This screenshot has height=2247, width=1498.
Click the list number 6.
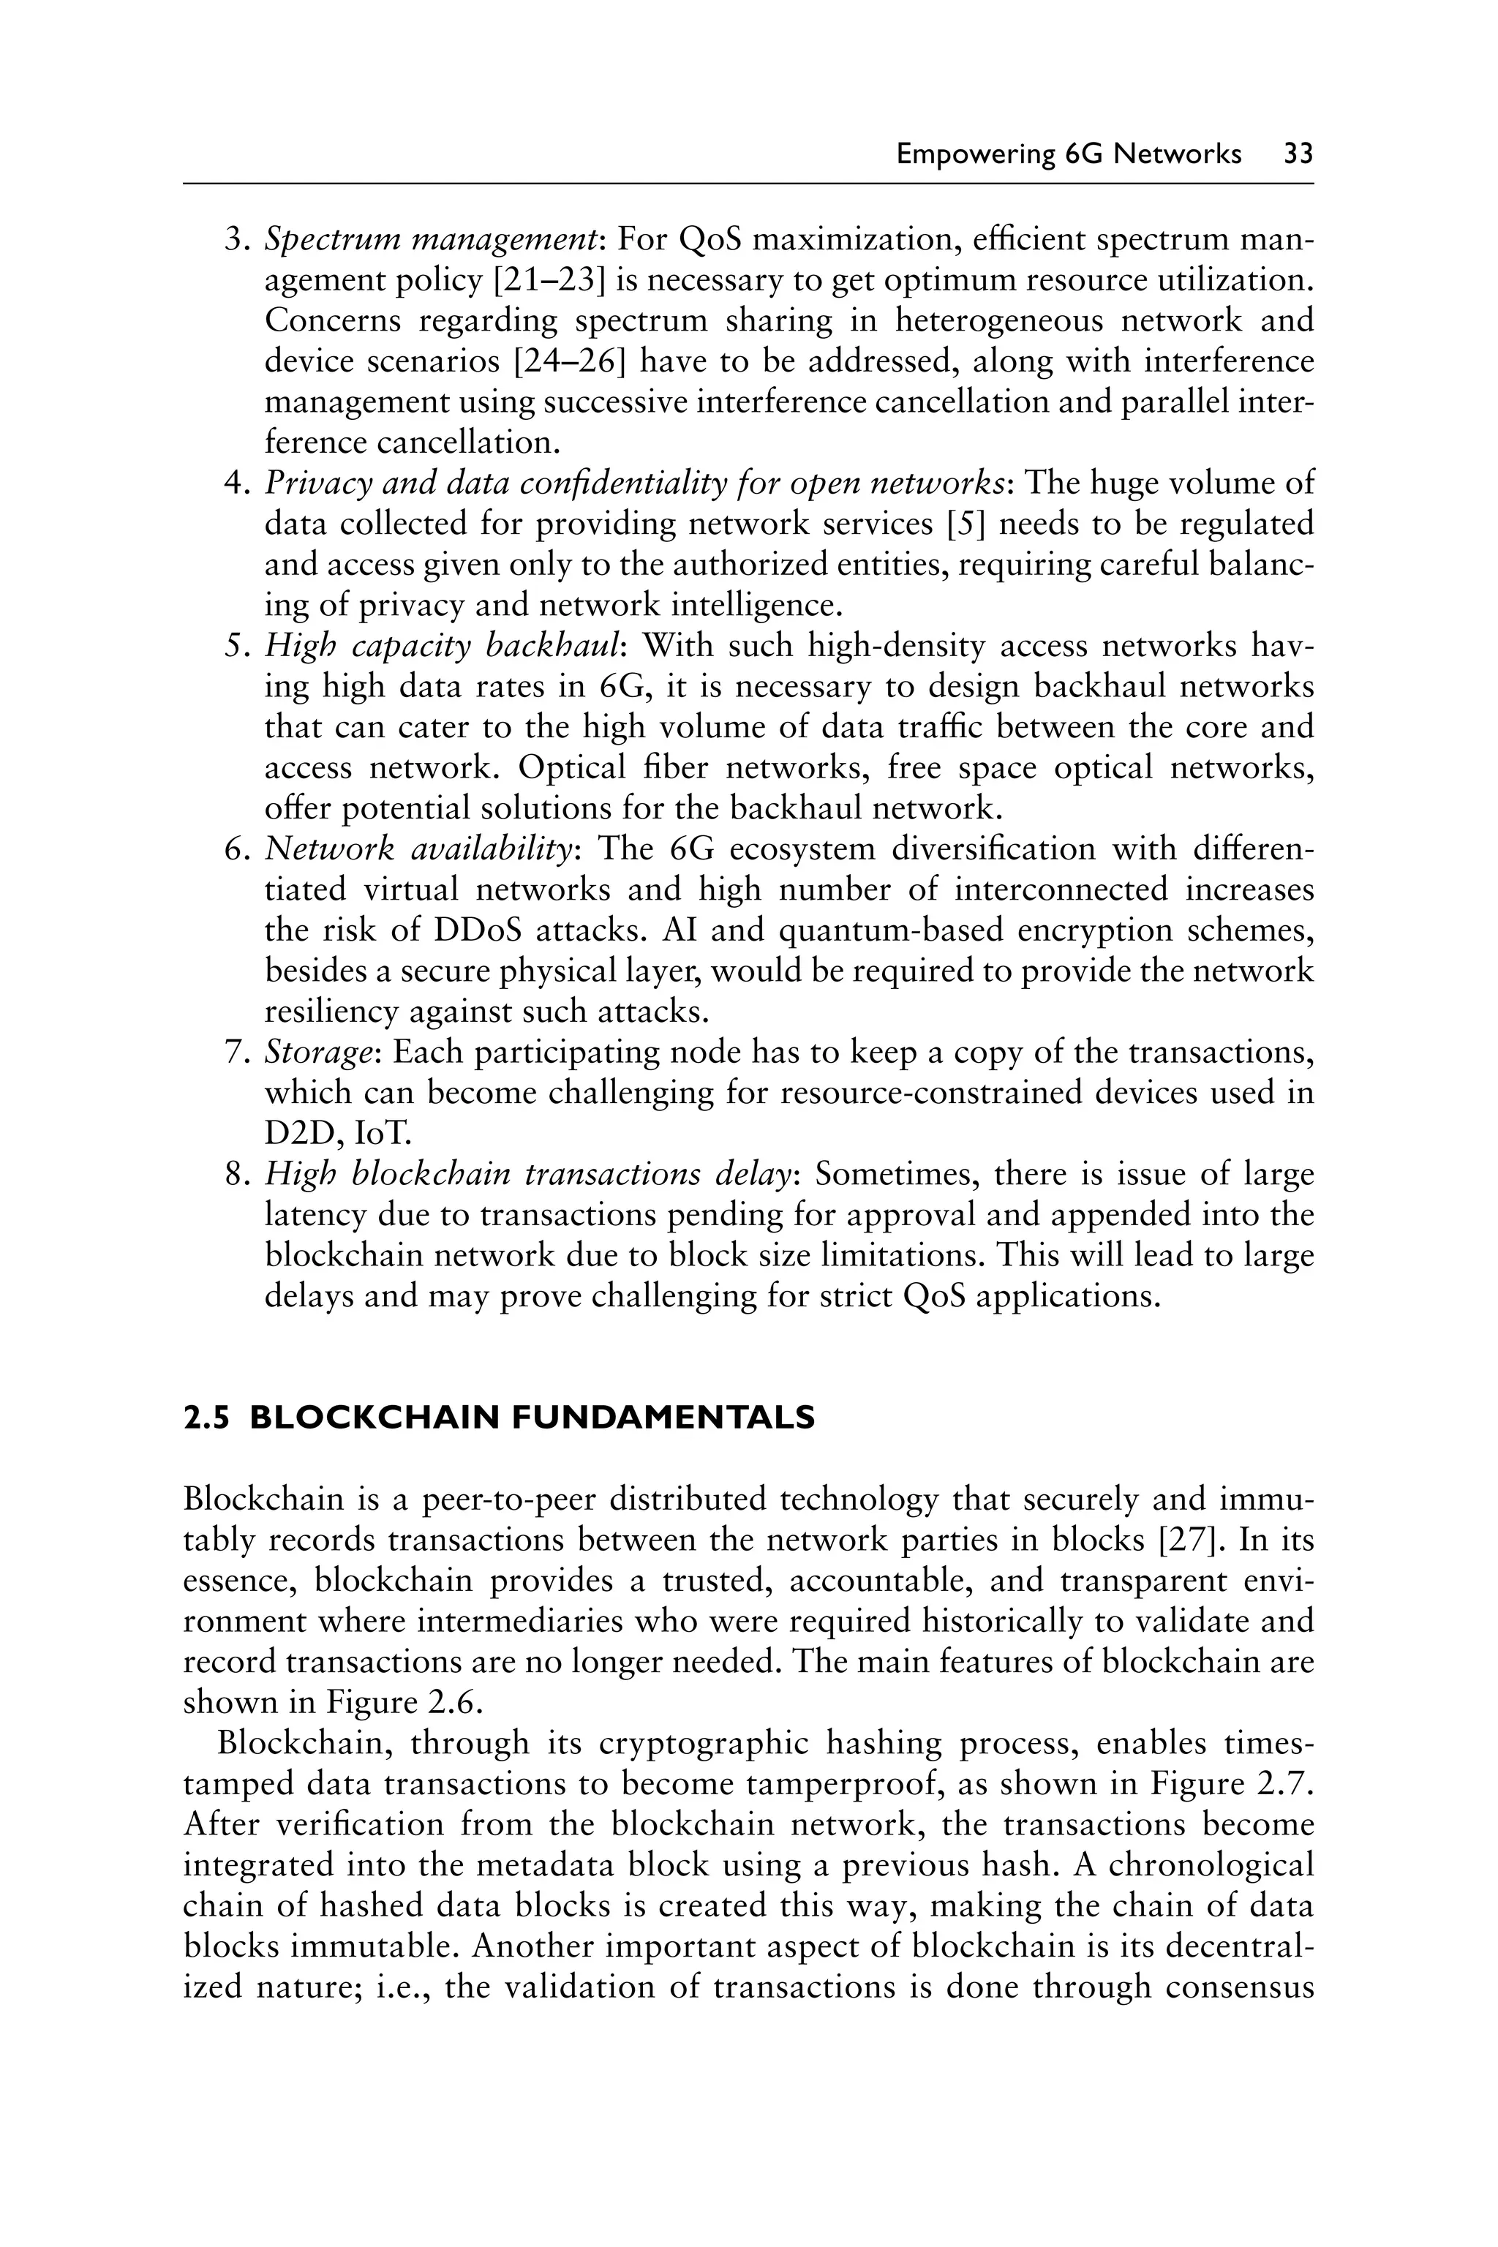click(235, 849)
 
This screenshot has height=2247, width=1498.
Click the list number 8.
click(235, 1174)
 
